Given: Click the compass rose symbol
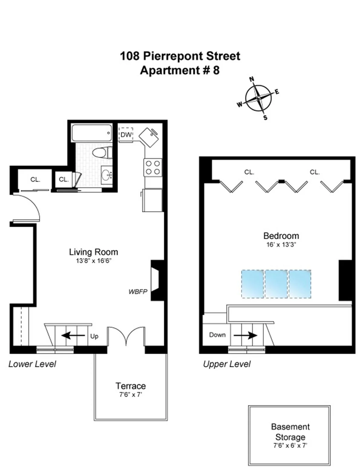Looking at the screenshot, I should (258, 98).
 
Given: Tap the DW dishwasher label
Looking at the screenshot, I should (126, 134).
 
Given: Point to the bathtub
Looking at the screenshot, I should (91, 133).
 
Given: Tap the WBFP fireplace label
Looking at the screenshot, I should (138, 292).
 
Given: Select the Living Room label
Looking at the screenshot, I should (93, 252).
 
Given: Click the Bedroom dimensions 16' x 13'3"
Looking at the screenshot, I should (281, 245).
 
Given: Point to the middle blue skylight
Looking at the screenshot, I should (276, 284).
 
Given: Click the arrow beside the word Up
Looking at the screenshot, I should (73, 335).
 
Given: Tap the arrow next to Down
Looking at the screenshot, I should (245, 335).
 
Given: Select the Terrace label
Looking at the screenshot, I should (131, 386).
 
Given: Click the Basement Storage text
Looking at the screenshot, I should (290, 432).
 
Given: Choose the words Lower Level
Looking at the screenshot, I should (32, 364).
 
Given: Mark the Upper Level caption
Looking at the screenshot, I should (227, 364).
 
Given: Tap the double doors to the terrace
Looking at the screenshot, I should (126, 336).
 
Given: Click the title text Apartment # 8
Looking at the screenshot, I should (180, 70).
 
